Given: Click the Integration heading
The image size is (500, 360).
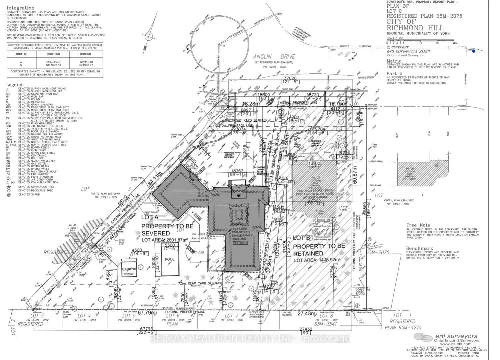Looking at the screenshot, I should coord(20,8).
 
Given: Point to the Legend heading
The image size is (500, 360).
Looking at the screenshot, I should coord(14,84).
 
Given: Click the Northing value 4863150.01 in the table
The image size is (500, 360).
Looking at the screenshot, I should coord(53,62).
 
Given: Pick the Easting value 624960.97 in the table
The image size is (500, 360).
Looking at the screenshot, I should coord(85,65).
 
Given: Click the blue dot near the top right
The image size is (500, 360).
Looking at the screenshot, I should coord(474,51).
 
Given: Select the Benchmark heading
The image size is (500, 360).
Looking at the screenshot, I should coord(420,248).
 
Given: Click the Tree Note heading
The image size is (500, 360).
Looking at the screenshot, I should coord(418,225).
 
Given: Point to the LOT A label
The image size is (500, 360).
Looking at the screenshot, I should coord(150,217).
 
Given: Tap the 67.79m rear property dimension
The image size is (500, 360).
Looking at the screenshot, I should coord(147,313).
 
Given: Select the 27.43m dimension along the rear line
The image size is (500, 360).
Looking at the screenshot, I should coord(306,314).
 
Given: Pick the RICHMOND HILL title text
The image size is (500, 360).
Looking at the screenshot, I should coord(415,28).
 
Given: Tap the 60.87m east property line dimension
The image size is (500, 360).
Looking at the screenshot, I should coord(354,175).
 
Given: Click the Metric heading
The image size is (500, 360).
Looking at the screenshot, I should coord(394,61).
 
